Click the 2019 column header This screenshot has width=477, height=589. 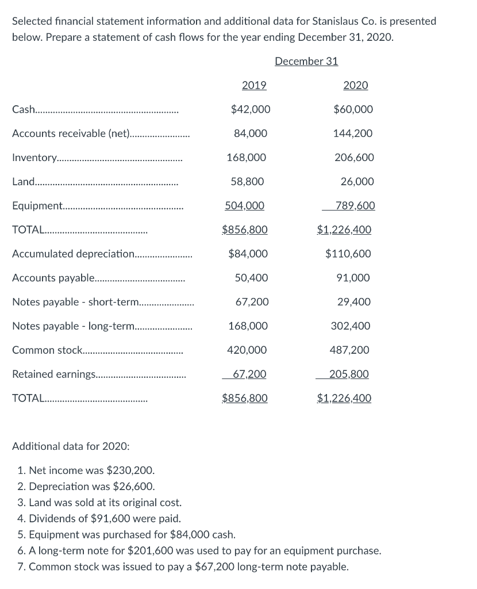253,85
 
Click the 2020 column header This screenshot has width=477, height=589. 355,85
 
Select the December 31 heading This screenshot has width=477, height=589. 306,61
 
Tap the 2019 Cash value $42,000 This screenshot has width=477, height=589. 250,109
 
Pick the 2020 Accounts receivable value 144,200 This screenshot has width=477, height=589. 352,133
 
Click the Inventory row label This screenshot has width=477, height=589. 34,158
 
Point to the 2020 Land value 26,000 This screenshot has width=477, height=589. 357,182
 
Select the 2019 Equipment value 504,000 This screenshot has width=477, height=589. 244,206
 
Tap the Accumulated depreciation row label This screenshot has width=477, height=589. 72,254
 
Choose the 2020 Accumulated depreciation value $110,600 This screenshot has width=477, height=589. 348,254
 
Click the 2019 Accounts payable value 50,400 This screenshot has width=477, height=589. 251,278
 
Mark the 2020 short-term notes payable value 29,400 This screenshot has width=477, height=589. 354,302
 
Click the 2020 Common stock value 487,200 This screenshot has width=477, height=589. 349,350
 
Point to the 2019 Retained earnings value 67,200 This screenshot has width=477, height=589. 248,374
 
